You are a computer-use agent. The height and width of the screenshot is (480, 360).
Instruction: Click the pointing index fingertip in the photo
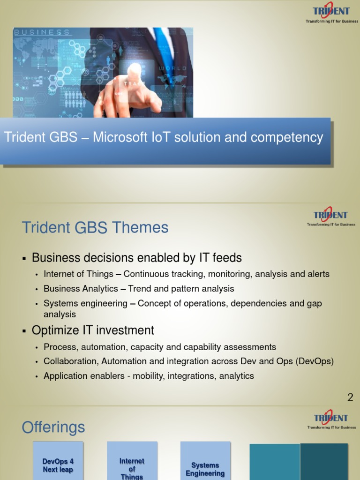coord(135,70)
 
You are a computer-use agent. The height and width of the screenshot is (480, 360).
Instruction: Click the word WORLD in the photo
coord(172,69)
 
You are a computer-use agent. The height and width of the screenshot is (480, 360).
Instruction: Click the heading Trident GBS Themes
coord(95,228)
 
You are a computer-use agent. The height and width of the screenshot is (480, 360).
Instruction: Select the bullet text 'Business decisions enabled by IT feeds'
coord(136,257)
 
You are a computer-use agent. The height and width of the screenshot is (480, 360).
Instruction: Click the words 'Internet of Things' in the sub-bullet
coord(78,274)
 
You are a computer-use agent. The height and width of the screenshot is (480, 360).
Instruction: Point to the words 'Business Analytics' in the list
coord(81,289)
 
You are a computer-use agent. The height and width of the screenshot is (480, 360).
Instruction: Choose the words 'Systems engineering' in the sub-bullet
coord(85,303)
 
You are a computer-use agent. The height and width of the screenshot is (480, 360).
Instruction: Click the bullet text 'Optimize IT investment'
coord(93,330)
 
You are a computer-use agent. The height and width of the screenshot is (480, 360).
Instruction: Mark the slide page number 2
coord(350,398)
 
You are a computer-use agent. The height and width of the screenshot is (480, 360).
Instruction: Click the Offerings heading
coord(53,427)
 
